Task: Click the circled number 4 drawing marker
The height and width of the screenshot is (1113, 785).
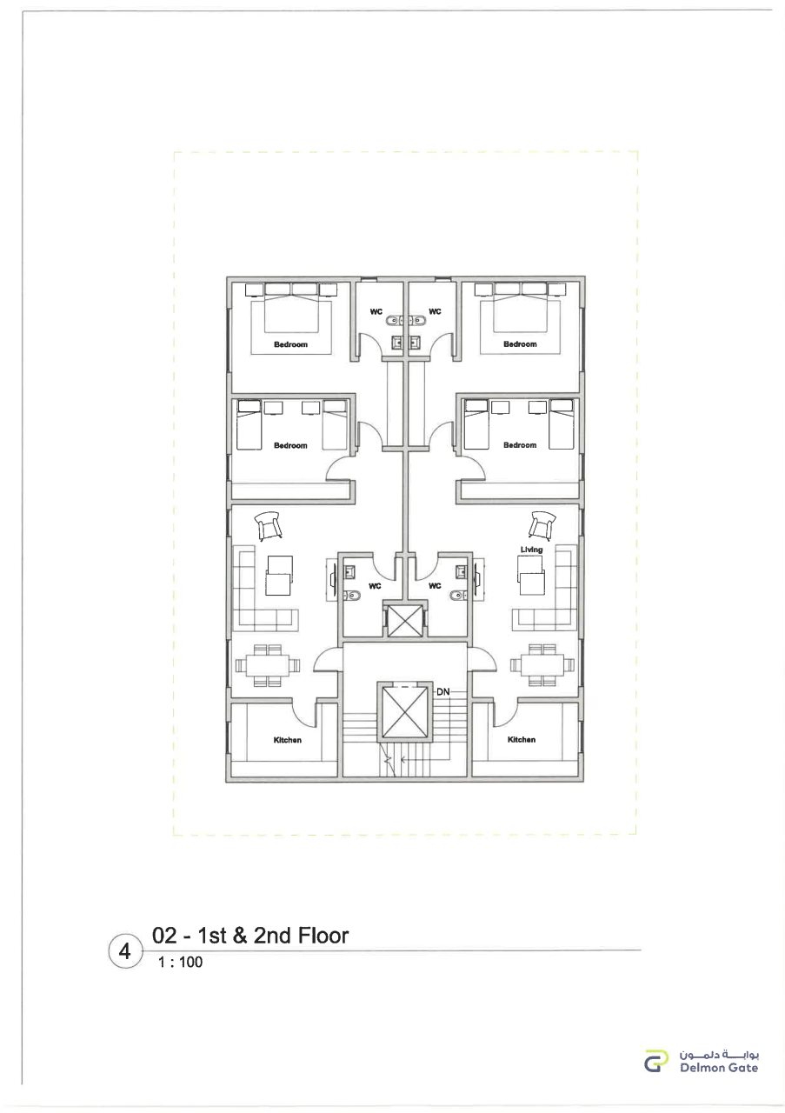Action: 124,950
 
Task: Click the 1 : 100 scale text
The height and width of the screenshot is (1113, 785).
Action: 180,963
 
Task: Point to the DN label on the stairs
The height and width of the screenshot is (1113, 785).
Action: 442,691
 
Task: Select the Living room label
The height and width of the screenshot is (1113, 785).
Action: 531,550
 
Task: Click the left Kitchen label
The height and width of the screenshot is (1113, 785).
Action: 287,740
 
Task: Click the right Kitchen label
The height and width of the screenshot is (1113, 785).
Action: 522,739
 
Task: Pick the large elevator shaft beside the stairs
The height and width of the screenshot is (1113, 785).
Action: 402,712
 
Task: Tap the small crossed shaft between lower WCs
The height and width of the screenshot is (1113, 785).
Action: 404,621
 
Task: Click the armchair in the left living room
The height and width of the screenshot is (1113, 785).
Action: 268,526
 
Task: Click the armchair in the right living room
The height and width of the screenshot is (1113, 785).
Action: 541,524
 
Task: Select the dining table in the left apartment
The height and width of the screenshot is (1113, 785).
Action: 268,665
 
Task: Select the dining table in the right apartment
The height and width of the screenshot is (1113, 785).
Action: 542,665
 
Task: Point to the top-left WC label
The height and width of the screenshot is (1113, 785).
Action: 376,312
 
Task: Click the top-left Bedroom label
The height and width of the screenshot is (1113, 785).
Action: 290,344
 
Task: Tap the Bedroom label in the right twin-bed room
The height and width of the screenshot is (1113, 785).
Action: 520,445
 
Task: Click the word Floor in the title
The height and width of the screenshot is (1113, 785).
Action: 323,936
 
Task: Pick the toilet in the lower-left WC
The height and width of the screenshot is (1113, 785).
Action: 350,595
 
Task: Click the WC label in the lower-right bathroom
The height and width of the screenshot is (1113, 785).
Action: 435,586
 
